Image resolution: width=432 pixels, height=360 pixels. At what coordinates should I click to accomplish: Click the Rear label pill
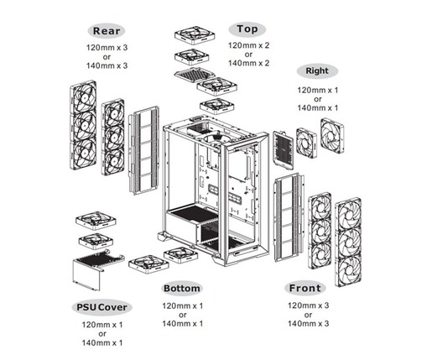pos(107,31)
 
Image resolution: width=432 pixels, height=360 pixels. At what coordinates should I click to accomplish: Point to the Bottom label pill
pos(182,289)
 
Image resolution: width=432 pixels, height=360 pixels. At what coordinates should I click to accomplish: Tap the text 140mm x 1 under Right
pos(317,108)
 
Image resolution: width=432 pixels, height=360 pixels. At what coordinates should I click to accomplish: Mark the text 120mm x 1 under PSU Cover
pos(101,323)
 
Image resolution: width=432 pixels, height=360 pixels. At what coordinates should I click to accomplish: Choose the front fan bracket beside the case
pos(289,211)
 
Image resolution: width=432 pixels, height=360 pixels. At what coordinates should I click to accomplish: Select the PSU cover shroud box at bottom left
pos(91,273)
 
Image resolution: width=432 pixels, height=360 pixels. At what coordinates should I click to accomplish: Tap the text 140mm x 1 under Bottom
pos(182,324)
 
